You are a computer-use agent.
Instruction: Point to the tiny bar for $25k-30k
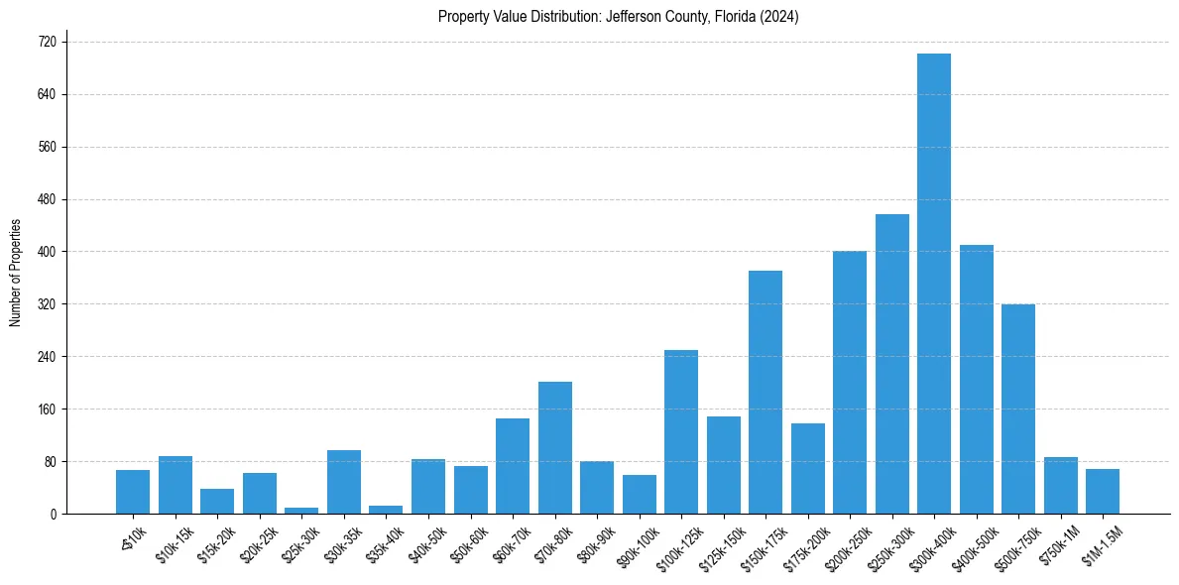coord(301,510)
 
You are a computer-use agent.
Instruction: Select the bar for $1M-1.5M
coord(1103,491)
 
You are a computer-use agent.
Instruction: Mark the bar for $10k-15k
coord(176,485)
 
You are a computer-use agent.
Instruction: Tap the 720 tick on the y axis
coord(47,43)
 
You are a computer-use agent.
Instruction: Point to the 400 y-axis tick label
coord(47,252)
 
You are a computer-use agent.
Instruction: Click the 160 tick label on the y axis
coord(47,409)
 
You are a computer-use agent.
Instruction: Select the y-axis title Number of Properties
coord(15,273)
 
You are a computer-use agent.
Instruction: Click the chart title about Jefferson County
coord(618,17)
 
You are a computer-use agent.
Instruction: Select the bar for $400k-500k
coord(976,379)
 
